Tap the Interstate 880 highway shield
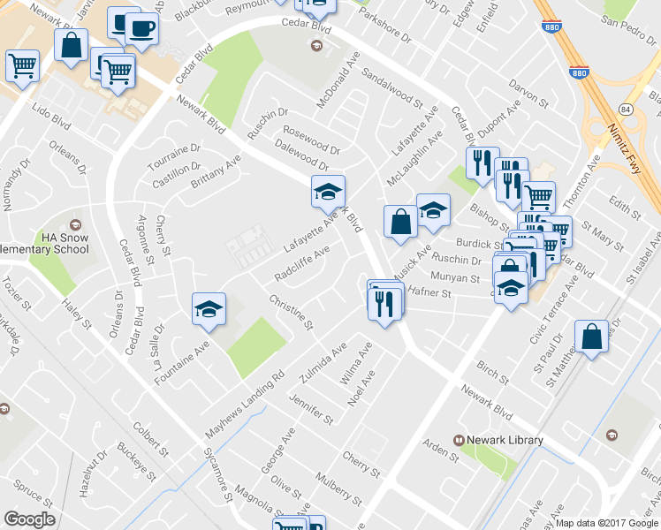pyautogui.click(x=579, y=74)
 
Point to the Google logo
pyautogui.click(x=30, y=519)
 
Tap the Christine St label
pyautogui.click(x=293, y=314)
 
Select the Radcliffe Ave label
pyautogui.click(x=302, y=263)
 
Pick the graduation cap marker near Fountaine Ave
pyautogui.click(x=209, y=309)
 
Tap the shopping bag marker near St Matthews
pyautogui.click(x=591, y=337)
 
